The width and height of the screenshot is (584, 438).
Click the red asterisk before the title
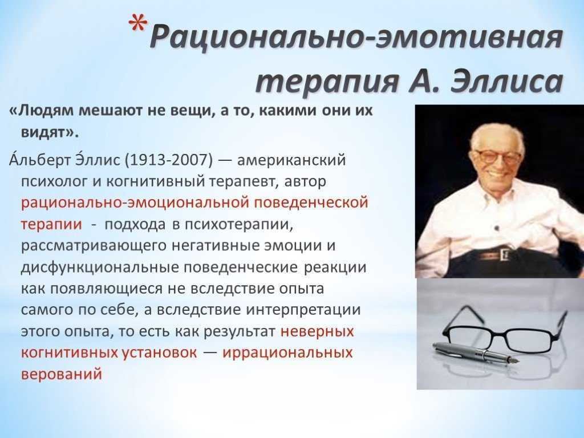[x=138, y=26]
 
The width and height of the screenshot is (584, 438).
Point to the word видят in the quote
[x=44, y=132]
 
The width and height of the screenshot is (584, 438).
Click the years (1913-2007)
[x=168, y=160]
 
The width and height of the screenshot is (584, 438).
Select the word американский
[x=291, y=160]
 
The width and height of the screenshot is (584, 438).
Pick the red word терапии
[x=51, y=225]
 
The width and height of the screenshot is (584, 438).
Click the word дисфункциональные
[x=100, y=267]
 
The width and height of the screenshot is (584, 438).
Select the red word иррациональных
[x=287, y=352]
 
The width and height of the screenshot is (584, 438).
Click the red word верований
[x=62, y=374]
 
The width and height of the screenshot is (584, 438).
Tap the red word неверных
[x=317, y=331]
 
